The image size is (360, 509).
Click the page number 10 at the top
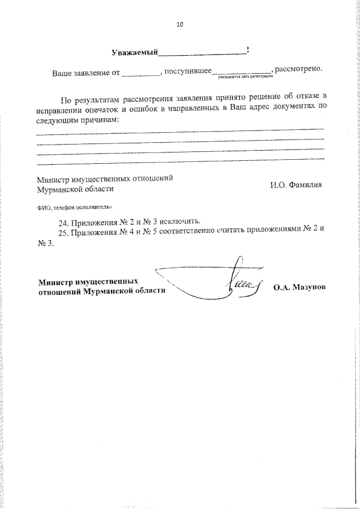tap(179, 25)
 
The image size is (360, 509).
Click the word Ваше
tap(62, 73)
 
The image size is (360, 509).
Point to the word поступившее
tap(187, 72)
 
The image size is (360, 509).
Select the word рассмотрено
tap(299, 70)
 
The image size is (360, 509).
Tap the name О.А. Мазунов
tap(300, 286)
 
